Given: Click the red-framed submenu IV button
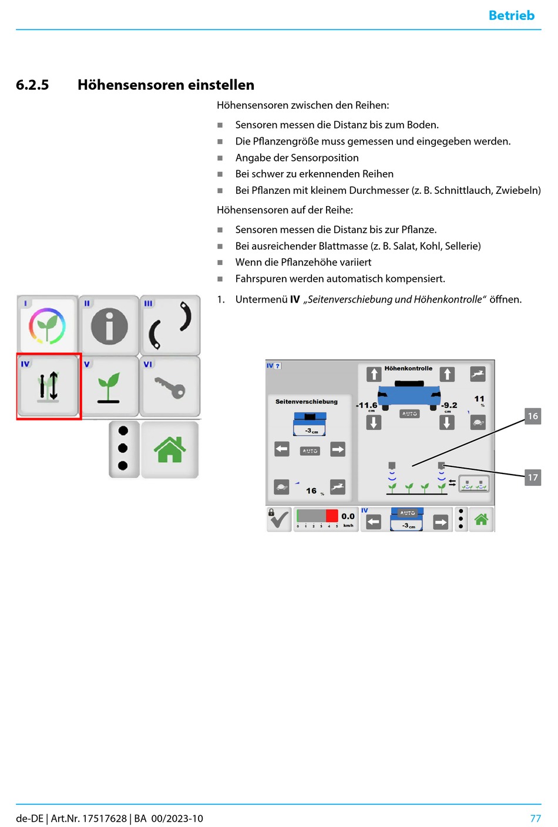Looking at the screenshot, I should click(x=49, y=386).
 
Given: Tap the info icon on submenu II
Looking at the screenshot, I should click(x=109, y=325).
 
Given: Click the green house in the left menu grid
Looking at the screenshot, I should click(x=170, y=449).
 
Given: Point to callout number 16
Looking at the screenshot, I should click(x=532, y=416).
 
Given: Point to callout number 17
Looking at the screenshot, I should click(x=532, y=478).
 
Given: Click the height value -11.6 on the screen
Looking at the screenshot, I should click(x=367, y=405).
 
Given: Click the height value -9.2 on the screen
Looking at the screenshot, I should click(x=449, y=405).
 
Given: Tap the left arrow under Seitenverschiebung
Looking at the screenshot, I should click(x=282, y=449).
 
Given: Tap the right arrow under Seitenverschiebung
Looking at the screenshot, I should click(x=338, y=449).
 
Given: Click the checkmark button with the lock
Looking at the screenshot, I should click(x=279, y=519).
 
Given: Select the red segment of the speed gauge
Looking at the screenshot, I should click(x=332, y=516).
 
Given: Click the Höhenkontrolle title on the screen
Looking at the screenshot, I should click(x=408, y=368).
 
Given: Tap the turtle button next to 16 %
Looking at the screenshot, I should click(x=282, y=487).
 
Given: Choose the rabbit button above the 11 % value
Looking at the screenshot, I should click(x=478, y=374).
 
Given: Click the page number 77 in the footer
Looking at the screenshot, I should click(x=535, y=818).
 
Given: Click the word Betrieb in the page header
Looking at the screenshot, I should click(x=511, y=15).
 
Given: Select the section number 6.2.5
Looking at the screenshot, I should click(x=32, y=85).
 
